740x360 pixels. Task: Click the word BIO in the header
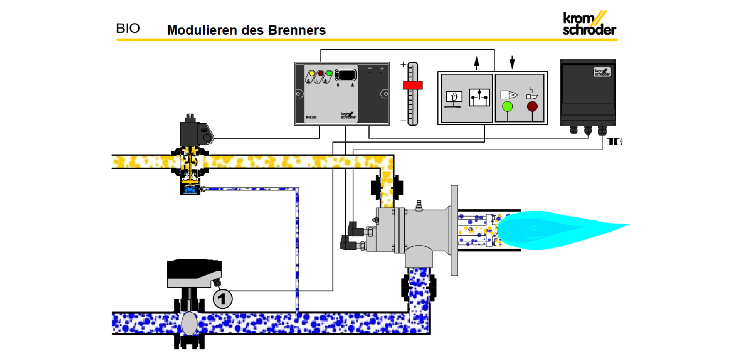[x=128, y=29]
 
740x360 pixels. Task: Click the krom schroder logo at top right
[x=589, y=24]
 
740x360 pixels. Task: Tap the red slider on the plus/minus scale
[x=413, y=85]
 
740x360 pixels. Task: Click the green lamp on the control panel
[x=508, y=106]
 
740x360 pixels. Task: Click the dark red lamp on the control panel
[x=532, y=106]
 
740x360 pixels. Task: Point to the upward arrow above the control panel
[x=477, y=62]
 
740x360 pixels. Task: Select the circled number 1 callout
[x=222, y=299]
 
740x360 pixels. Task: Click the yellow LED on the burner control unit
[x=312, y=73]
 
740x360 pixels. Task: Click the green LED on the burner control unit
[x=329, y=73]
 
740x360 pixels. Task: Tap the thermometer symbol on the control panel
[x=454, y=98]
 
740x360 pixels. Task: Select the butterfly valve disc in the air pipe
[x=189, y=323]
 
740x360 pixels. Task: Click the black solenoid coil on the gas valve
[x=190, y=133]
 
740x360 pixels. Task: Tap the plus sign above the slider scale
[x=403, y=65]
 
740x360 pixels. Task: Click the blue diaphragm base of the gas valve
[x=190, y=190]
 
